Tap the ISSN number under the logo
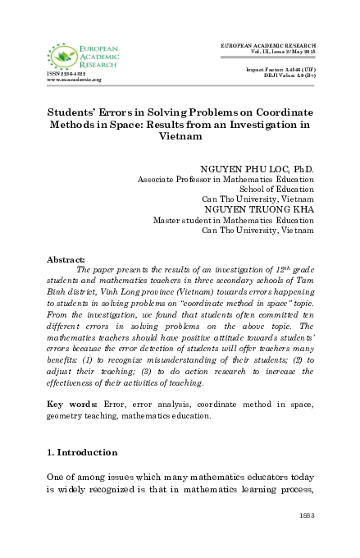pyautogui.click(x=66, y=73)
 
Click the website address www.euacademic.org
pyautogui.click(x=74, y=80)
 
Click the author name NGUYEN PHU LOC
pyautogui.click(x=256, y=168)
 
